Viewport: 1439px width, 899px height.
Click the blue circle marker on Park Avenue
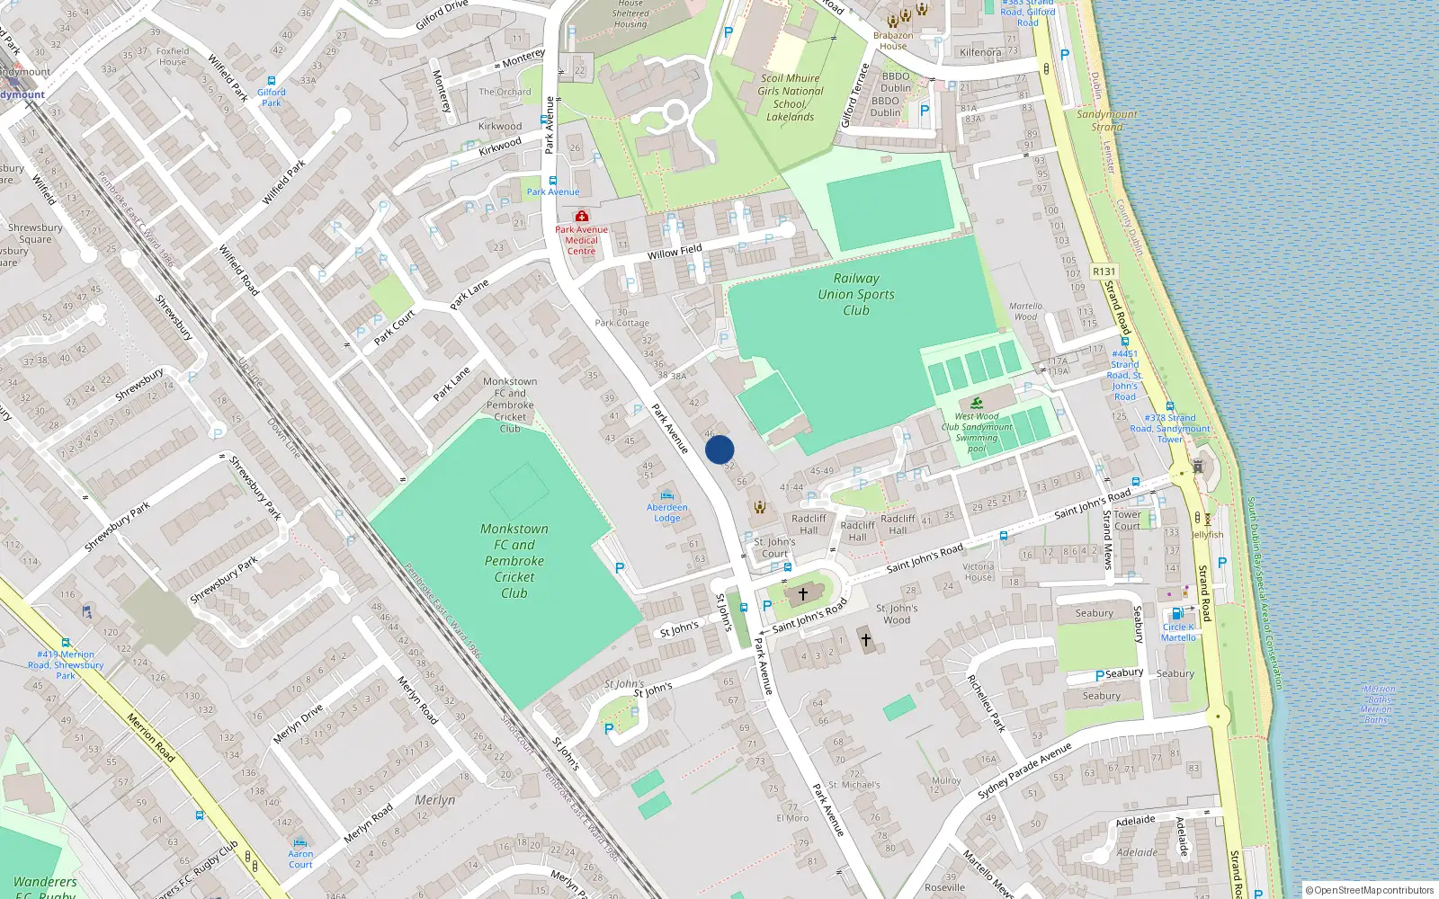coord(719,449)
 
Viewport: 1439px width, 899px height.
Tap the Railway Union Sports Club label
coord(856,294)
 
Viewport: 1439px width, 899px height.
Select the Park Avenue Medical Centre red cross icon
coord(582,216)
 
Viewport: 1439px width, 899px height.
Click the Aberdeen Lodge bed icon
coord(666,495)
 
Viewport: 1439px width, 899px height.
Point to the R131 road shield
coord(1104,271)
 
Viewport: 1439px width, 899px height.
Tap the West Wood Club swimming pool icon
coord(977,402)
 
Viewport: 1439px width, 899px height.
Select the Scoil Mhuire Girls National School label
coord(790,97)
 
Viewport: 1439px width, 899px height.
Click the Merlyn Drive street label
coord(298,724)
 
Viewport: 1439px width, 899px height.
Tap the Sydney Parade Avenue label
coord(1024,771)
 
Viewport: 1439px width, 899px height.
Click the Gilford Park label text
coord(271,97)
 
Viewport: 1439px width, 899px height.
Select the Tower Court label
coord(1127,521)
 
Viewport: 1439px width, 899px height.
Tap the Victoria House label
coord(979,572)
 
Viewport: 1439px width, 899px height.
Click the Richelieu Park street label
coord(986,703)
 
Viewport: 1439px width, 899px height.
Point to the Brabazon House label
coord(893,41)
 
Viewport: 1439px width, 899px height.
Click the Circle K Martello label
coord(1178,632)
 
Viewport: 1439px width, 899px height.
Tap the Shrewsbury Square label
coord(35,234)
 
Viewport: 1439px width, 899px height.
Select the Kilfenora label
coord(980,52)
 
